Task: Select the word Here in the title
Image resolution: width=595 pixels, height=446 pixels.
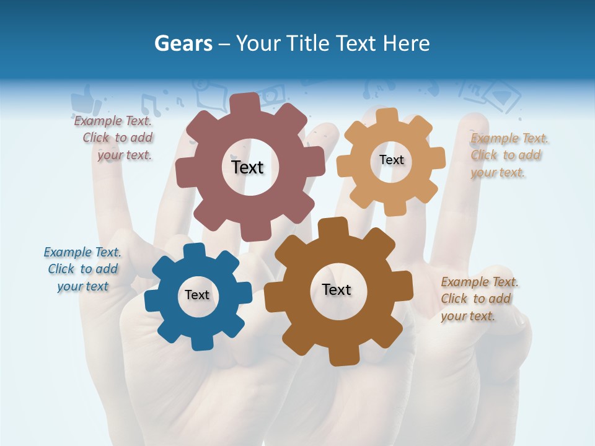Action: pyautogui.click(x=407, y=43)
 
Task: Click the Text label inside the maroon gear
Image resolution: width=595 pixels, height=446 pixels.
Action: pyautogui.click(x=247, y=167)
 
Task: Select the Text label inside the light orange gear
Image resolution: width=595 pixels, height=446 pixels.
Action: pyautogui.click(x=391, y=160)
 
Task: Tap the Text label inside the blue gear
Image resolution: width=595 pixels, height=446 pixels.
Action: pyautogui.click(x=197, y=295)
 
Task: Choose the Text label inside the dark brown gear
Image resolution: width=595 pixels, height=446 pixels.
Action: pyautogui.click(x=337, y=289)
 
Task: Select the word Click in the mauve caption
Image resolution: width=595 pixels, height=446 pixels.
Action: pyautogui.click(x=97, y=138)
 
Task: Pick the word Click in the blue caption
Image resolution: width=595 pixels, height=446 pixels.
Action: pyautogui.click(x=61, y=269)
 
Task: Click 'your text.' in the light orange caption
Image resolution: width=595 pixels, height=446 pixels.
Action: pyautogui.click(x=498, y=172)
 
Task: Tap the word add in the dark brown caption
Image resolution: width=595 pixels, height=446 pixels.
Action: pyautogui.click(x=500, y=299)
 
